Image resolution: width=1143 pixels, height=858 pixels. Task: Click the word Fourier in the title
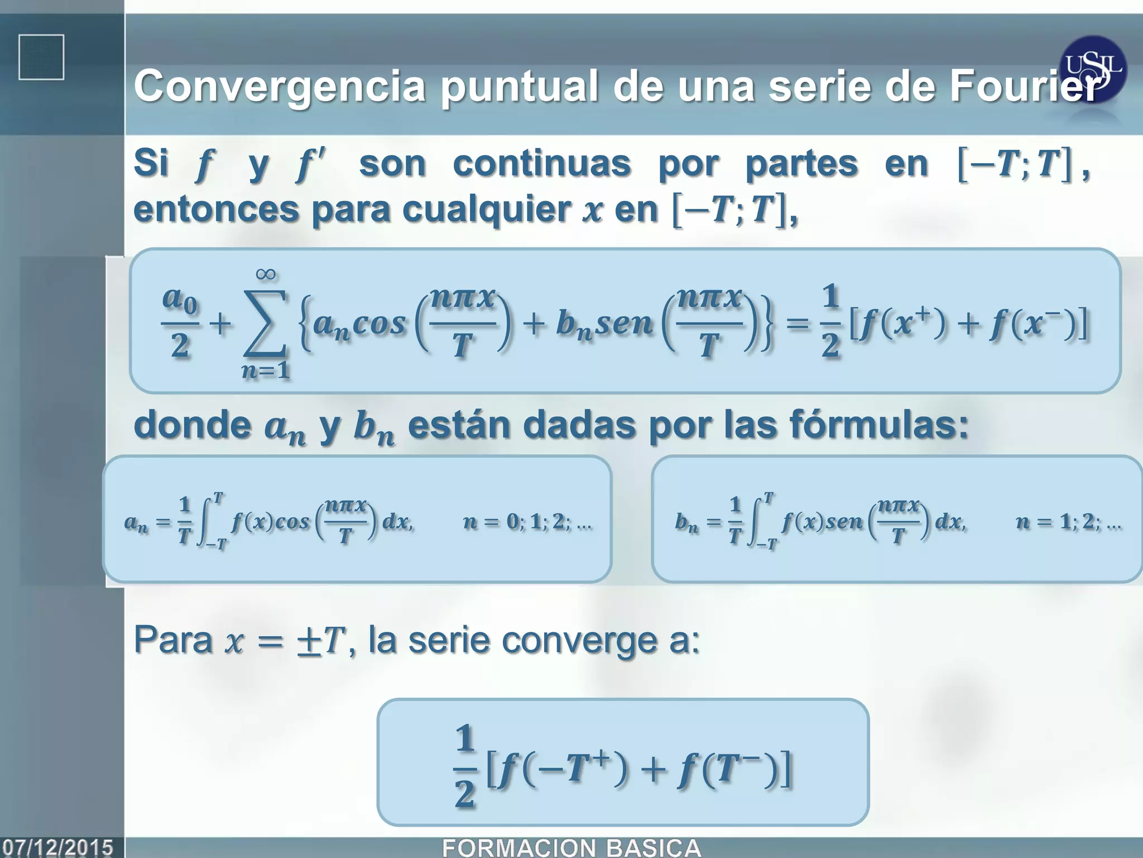[x=1024, y=87]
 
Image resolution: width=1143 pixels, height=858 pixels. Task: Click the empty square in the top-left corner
[x=41, y=57]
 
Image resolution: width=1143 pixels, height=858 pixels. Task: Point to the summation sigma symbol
[x=265, y=324]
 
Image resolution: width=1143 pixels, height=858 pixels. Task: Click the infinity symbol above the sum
[x=266, y=274]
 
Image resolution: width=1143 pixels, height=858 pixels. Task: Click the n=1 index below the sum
[x=266, y=370]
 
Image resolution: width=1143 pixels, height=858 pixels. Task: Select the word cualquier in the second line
[x=486, y=209]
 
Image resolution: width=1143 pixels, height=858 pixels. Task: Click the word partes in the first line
[x=801, y=164]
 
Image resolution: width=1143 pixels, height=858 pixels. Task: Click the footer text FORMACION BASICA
[x=571, y=847]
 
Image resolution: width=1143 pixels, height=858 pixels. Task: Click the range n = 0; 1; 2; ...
[x=527, y=522]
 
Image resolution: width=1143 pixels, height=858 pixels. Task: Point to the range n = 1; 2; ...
[x=1068, y=522]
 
